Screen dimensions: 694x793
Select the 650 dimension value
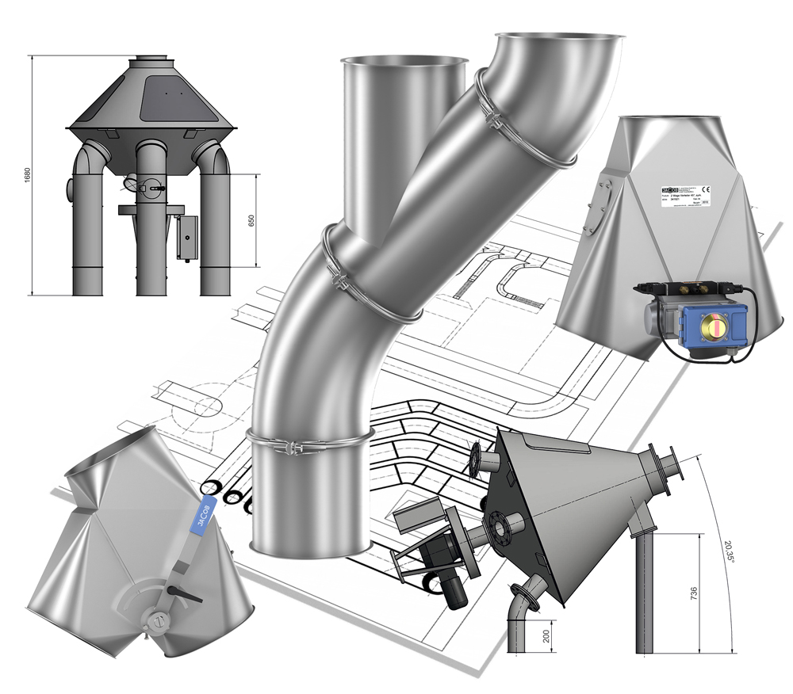tap(253, 219)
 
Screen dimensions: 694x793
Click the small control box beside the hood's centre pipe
tap(187, 236)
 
